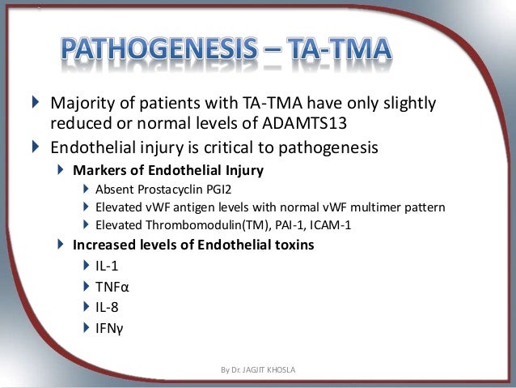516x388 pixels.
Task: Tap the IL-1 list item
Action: point(108,266)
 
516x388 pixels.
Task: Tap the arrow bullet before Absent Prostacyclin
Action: point(87,189)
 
